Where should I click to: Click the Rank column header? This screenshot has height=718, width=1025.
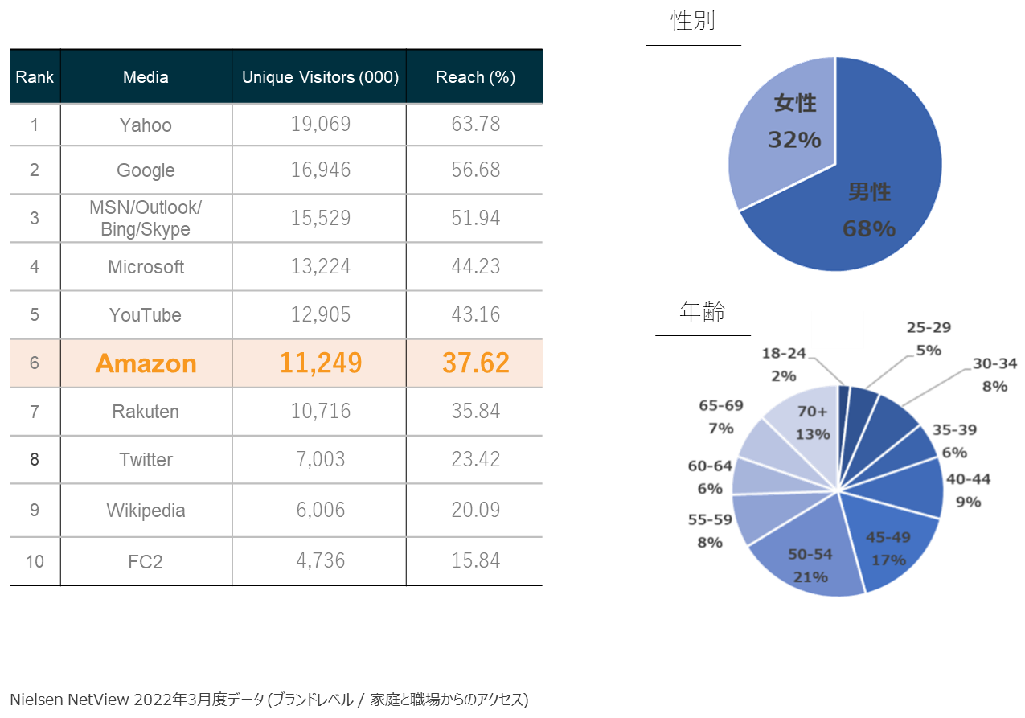[x=35, y=77]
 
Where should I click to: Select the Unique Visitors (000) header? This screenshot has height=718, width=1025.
[x=320, y=77]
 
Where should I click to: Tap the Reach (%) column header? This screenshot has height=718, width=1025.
[x=475, y=77]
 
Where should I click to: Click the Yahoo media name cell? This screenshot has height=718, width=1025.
[x=146, y=125]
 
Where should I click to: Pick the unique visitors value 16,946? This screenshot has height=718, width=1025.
[x=321, y=170]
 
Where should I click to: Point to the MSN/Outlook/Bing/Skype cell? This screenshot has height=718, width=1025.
[x=146, y=218]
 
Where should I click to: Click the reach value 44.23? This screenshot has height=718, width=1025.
[x=476, y=266]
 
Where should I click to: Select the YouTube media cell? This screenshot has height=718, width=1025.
[x=146, y=314]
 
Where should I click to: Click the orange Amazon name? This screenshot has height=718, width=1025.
[x=146, y=363]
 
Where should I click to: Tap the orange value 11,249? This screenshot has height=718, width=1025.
[x=321, y=363]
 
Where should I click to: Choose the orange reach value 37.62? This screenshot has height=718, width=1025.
[x=476, y=363]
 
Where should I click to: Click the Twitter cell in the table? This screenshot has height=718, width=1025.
[x=146, y=460]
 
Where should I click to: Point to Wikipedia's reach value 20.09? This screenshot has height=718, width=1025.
[x=476, y=510]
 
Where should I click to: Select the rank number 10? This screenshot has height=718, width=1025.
[x=35, y=561]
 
